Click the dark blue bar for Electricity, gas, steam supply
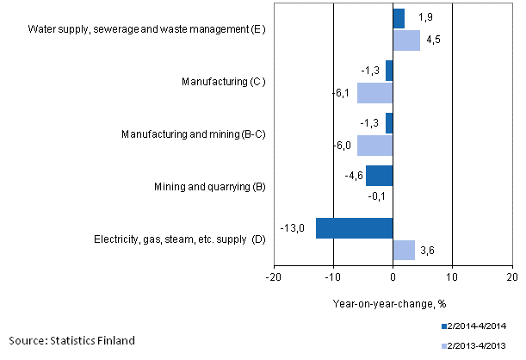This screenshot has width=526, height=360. pos(354,228)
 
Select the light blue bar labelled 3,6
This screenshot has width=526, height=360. pos(404,250)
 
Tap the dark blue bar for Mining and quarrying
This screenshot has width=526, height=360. pos(379,175)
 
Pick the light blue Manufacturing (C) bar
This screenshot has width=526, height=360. pos(374,92)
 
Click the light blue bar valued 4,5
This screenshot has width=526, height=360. pos(406,40)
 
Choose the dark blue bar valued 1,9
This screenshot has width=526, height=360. pos(398,18)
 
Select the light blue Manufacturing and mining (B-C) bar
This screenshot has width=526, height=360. pos(374,145)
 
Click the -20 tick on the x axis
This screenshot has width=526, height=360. pos(273,278)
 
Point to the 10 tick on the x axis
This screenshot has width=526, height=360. pos(452,278)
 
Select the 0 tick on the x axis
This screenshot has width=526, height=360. pos(393,278)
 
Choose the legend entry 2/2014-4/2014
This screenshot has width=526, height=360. pos(480,327)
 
